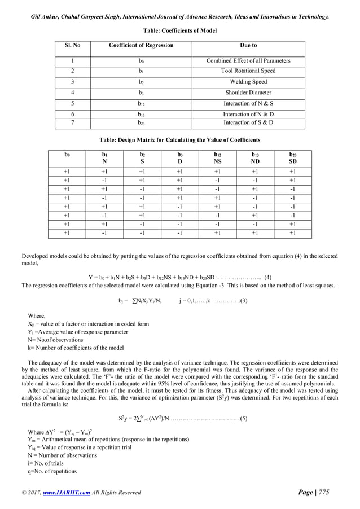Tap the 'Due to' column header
tap(248, 45)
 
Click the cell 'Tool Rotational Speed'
tap(248, 71)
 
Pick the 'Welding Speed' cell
tap(248, 82)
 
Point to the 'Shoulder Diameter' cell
tap(248, 93)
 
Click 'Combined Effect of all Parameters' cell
tap(248, 60)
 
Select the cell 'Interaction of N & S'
tap(248, 104)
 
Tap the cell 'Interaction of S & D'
tap(248, 122)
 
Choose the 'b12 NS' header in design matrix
tap(217, 157)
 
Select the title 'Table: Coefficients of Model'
tap(180, 30)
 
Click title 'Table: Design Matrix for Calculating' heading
tap(180, 139)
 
